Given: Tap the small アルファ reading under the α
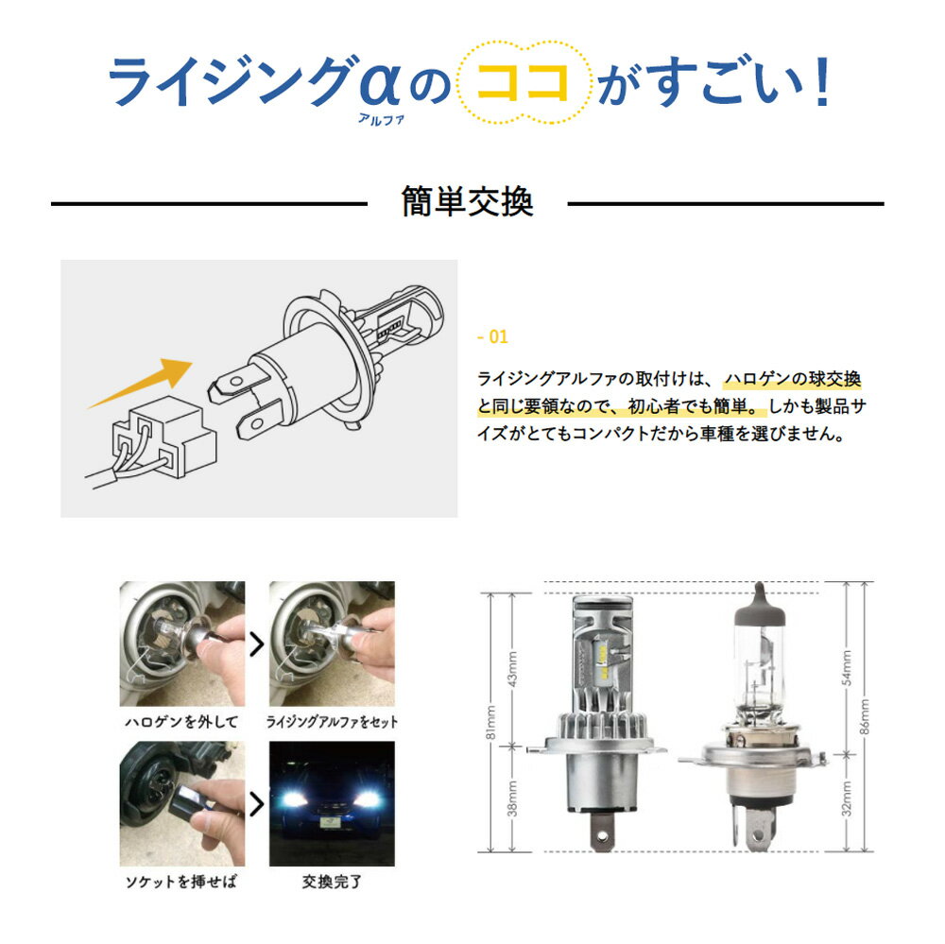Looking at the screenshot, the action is point(381,119).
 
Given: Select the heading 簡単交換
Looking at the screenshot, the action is point(467,201).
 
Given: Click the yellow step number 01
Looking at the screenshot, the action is point(492,336).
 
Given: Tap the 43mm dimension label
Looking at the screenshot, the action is point(512,668).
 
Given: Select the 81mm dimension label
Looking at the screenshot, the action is point(491,723).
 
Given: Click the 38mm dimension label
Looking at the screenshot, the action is point(512,798).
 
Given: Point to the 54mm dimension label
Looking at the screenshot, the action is point(847,668).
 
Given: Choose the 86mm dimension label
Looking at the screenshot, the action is point(865,717).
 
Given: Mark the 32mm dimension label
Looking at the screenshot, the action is point(847,798).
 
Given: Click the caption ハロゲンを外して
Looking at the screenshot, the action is point(181,722).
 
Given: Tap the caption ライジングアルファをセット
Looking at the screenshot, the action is point(332,722).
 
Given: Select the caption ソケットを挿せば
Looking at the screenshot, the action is point(180,882).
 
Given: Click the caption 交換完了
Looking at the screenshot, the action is point(332,882).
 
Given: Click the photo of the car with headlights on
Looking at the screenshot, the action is point(332,804).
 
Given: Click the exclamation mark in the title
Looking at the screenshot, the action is point(822,81).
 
